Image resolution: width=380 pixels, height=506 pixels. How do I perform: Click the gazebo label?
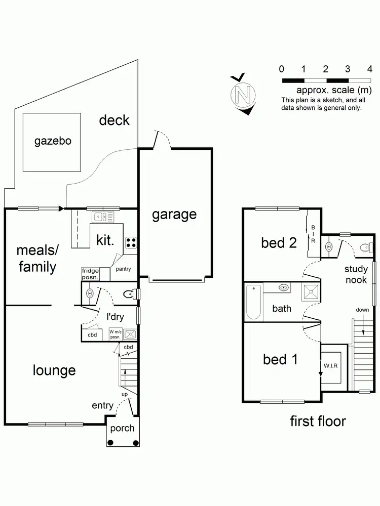53,141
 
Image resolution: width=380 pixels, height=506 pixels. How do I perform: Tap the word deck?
114,120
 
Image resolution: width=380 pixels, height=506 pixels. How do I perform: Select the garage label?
174,214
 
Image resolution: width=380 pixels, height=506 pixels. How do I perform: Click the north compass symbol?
243,95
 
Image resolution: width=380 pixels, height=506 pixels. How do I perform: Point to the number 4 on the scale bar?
370,69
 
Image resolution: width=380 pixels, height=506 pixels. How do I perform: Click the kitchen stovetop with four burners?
131,242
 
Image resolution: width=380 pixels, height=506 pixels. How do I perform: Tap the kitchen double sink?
103,217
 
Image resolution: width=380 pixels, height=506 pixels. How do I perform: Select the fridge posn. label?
90,274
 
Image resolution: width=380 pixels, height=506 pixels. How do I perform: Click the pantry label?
123,269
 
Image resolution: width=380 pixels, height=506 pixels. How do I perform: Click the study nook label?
356,274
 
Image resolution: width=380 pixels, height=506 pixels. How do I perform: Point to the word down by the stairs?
362,310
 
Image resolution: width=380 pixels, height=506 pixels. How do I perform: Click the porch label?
122,428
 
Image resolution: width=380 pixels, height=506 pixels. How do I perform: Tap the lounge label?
54,370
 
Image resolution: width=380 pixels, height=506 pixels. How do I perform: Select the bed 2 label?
279,243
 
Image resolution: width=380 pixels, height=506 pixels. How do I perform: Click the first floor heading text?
318,420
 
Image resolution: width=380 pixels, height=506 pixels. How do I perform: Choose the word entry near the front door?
102,405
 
